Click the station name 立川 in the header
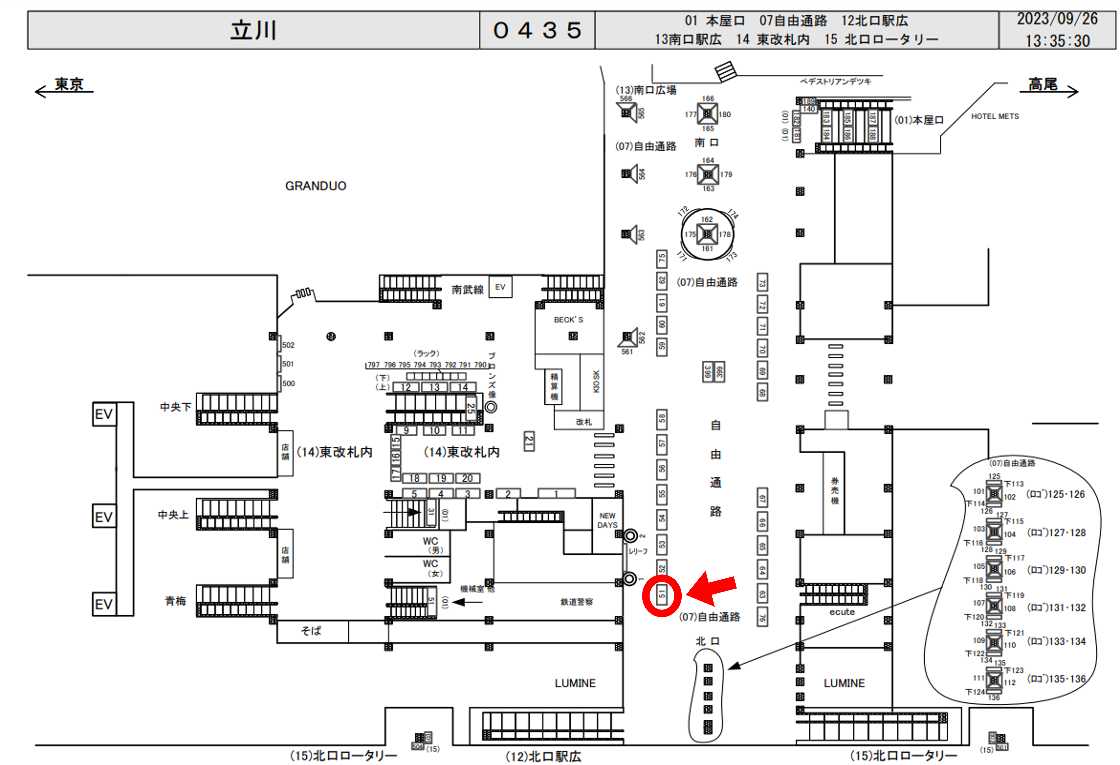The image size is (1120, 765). click(254, 30)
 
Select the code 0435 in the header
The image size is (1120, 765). click(537, 30)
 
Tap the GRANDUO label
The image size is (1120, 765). click(316, 186)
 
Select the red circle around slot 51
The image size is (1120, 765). click(662, 595)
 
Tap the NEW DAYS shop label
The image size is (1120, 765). click(607, 520)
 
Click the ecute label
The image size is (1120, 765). click(842, 612)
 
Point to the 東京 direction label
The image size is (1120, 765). click(69, 84)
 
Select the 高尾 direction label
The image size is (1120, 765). click(1043, 84)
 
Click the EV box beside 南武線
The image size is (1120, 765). click(500, 287)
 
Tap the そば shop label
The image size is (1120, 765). click(311, 631)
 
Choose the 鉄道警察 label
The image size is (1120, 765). click(576, 602)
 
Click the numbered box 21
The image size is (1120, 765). click(529, 441)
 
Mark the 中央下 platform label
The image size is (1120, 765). click(175, 407)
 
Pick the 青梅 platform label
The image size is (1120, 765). click(175, 601)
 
